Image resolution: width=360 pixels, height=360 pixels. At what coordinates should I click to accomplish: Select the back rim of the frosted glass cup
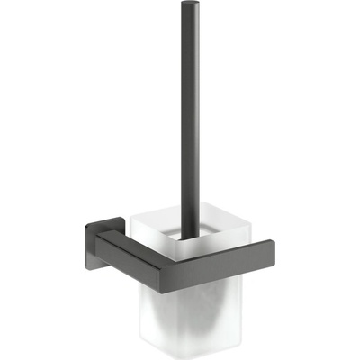coord(180,213)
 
